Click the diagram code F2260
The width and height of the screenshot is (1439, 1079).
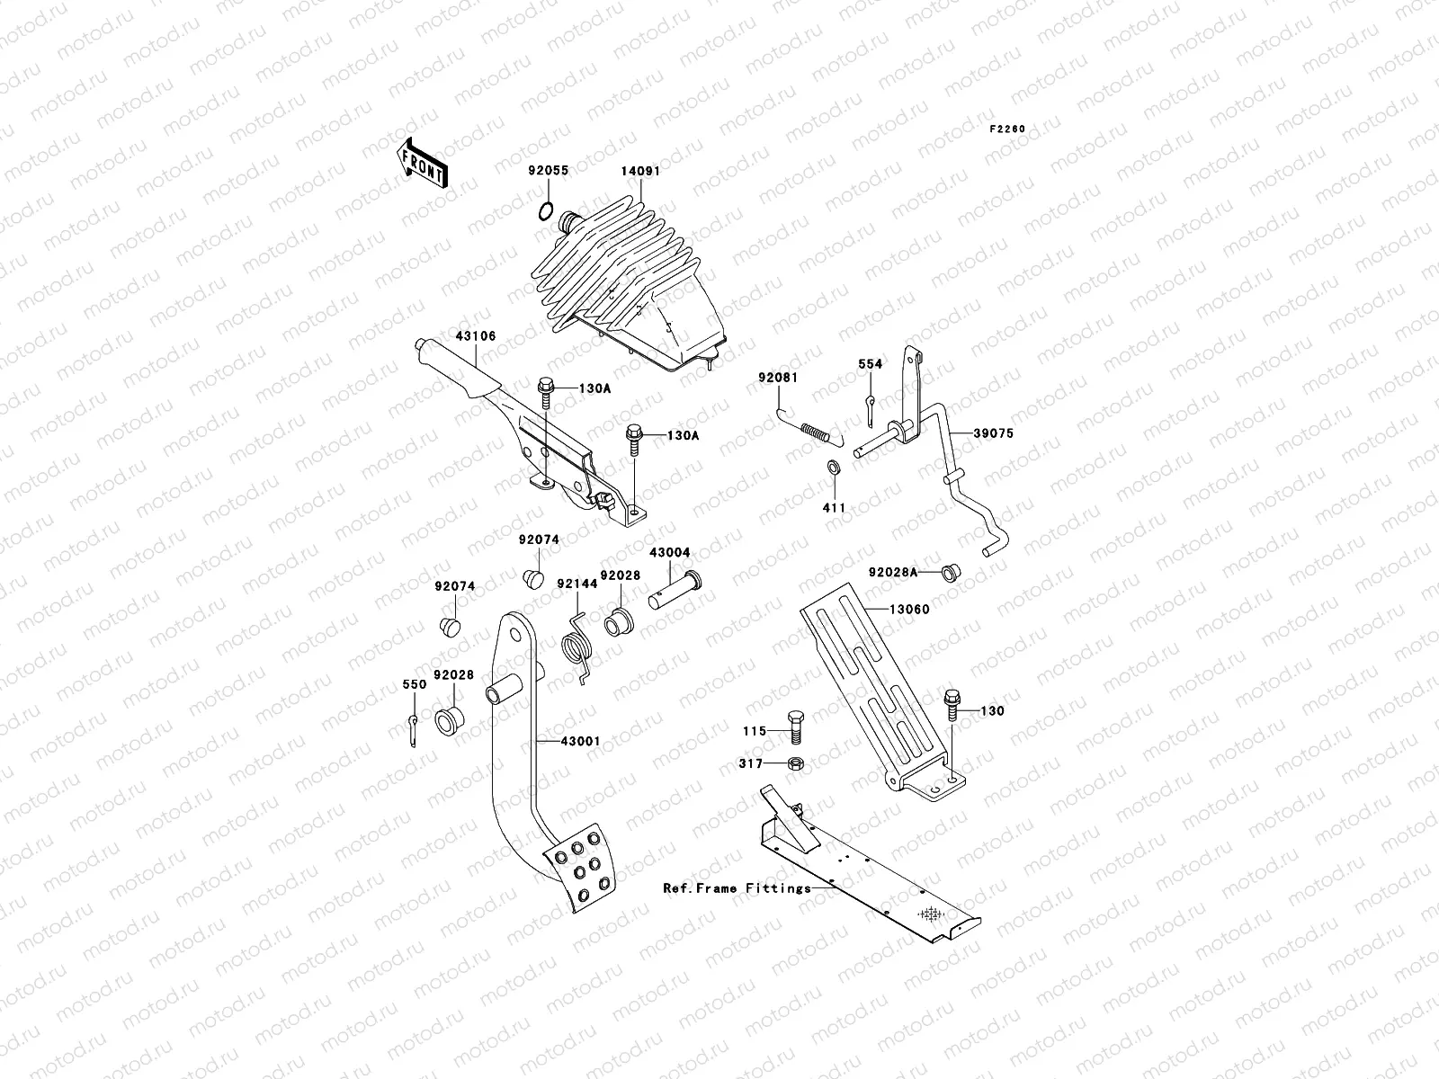pyautogui.click(x=1008, y=129)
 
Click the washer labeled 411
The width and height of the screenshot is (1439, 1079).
pyautogui.click(x=834, y=468)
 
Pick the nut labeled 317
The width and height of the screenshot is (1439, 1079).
pyautogui.click(x=795, y=763)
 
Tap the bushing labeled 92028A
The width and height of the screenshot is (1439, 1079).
pyautogui.click(x=949, y=572)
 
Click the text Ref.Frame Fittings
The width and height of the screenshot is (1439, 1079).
pyautogui.click(x=737, y=887)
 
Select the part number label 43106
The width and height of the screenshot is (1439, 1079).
pyautogui.click(x=476, y=335)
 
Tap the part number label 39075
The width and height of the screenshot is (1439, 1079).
pyautogui.click(x=993, y=432)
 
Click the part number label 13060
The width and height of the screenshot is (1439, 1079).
pyautogui.click(x=909, y=609)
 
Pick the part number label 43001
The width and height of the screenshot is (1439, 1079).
pyautogui.click(x=580, y=741)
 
